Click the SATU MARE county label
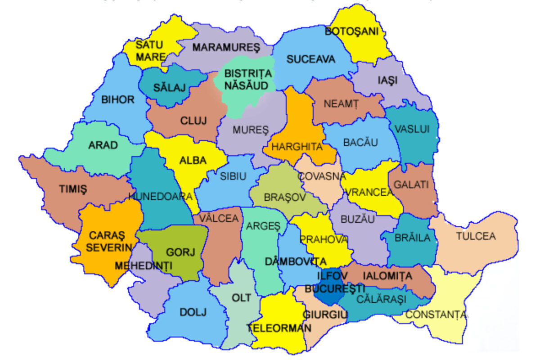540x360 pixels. click(149, 51)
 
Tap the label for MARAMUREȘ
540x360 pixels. click(220, 47)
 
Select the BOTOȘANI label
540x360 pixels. click(352, 31)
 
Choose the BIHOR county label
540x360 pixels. click(118, 99)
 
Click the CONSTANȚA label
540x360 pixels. click(436, 315)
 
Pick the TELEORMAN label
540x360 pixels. click(279, 328)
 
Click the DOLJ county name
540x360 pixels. click(193, 312)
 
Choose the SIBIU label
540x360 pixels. click(233, 177)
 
